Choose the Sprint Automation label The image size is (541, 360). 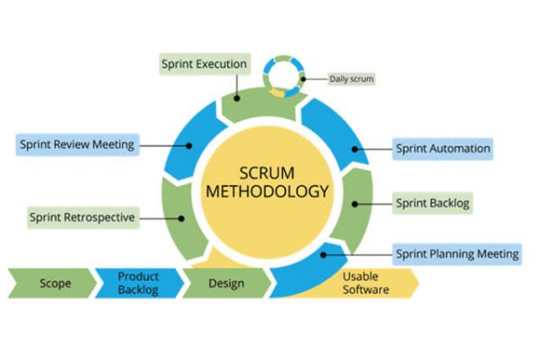click(442, 148)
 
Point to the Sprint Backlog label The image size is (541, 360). click(433, 203)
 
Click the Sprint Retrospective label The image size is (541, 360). click(82, 217)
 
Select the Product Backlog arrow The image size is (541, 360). click(138, 282)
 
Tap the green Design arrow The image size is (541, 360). click(225, 282)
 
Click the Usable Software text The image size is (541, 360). click(365, 282)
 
